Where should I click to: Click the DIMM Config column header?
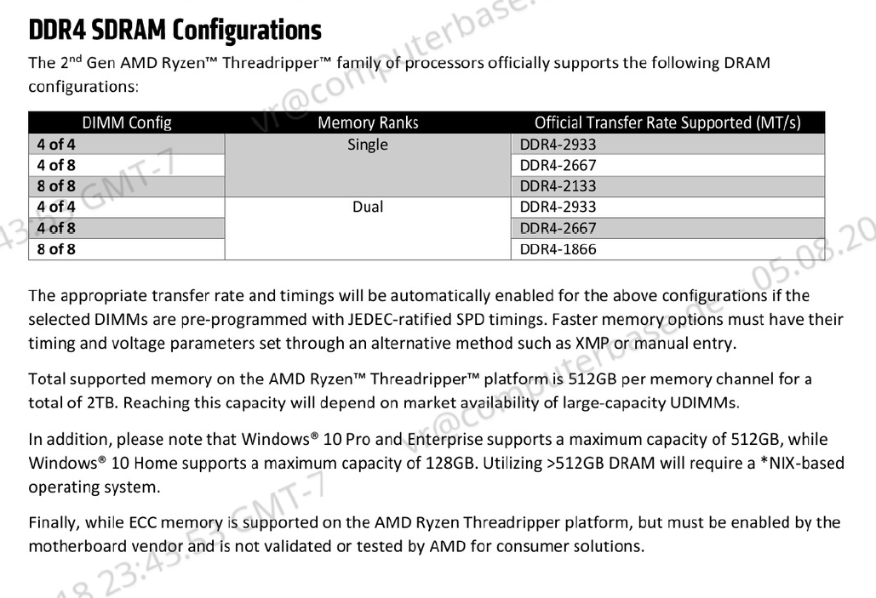127,122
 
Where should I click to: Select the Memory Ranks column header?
368,122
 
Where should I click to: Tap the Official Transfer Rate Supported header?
667,122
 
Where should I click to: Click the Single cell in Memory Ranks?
368,145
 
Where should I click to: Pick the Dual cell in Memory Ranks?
368,207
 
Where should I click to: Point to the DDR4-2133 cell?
558,186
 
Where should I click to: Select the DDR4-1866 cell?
558,249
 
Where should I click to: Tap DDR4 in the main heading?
57,30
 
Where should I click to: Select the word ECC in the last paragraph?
144,522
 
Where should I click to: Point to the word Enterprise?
444,440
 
